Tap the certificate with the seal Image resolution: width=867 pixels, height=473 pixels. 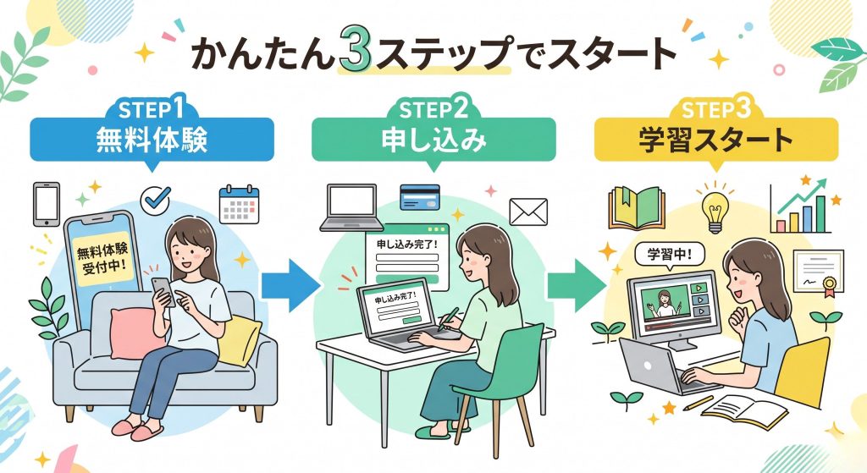click(x=817, y=271)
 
